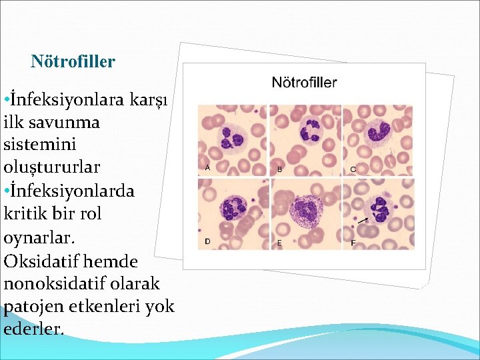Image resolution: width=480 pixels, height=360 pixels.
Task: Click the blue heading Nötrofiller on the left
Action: pyautogui.click(x=73, y=62)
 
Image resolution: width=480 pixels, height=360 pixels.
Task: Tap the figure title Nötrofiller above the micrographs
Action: pyautogui.click(x=304, y=83)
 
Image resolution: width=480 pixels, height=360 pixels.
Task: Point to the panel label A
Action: pyautogui.click(x=207, y=168)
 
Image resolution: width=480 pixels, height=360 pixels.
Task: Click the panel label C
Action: pyautogui.click(x=353, y=169)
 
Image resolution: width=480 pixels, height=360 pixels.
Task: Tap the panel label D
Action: pyautogui.click(x=207, y=241)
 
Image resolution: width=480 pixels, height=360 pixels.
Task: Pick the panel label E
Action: pyautogui.click(x=279, y=243)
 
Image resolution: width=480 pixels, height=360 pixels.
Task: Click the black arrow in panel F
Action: pyautogui.click(x=362, y=219)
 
